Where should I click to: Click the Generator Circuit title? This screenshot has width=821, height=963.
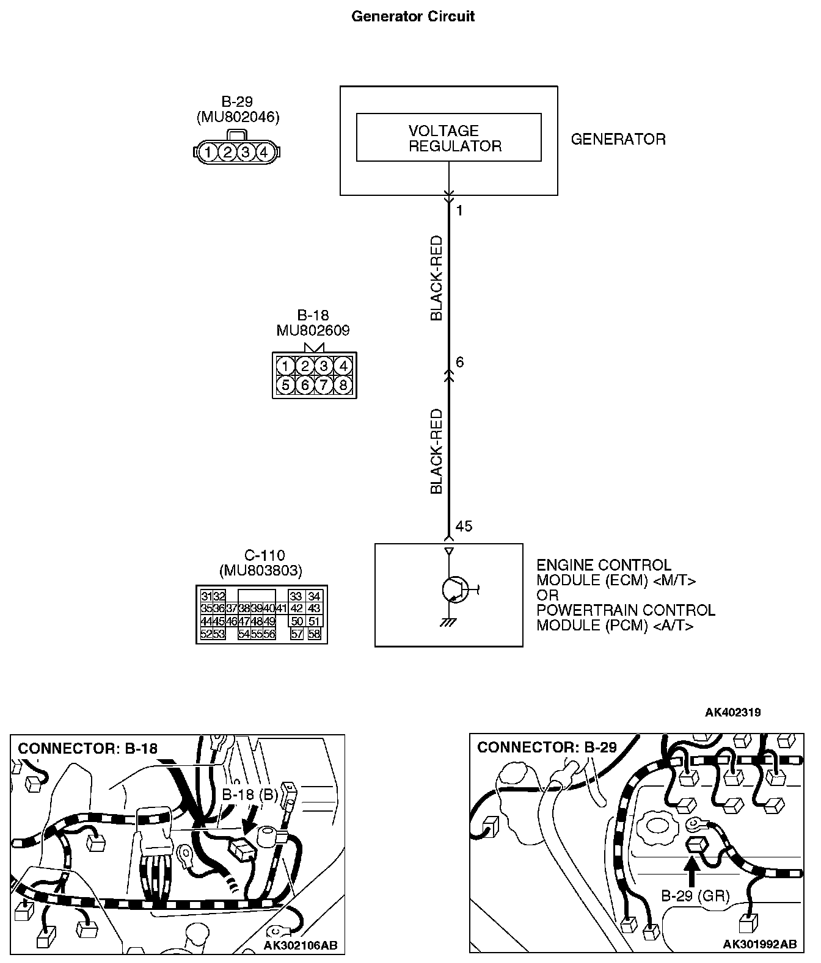click(413, 16)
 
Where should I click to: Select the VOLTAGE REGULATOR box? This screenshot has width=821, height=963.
click(448, 138)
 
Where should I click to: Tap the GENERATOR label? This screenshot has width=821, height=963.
click(618, 139)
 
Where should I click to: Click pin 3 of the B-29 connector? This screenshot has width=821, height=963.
click(246, 152)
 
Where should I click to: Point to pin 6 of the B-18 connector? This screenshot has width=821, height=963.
click(304, 385)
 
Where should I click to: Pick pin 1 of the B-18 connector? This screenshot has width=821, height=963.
click(285, 366)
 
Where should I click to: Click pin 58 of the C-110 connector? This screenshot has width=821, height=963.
click(314, 634)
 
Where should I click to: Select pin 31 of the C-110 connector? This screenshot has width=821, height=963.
click(206, 596)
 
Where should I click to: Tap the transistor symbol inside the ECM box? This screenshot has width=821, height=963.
click(453, 590)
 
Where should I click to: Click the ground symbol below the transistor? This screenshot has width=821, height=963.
click(449, 623)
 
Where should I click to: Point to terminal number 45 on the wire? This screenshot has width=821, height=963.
click(464, 526)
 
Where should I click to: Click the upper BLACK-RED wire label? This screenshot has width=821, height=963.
click(437, 279)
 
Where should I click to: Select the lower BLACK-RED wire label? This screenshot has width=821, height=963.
click(437, 452)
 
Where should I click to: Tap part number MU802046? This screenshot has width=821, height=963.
click(238, 117)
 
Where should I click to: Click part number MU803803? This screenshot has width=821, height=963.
click(261, 571)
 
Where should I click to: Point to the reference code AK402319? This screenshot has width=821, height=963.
click(732, 712)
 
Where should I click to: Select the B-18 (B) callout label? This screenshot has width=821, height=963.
click(249, 795)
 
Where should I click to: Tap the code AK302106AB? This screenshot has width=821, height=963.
click(301, 945)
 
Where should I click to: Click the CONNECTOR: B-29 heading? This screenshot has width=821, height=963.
click(547, 748)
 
